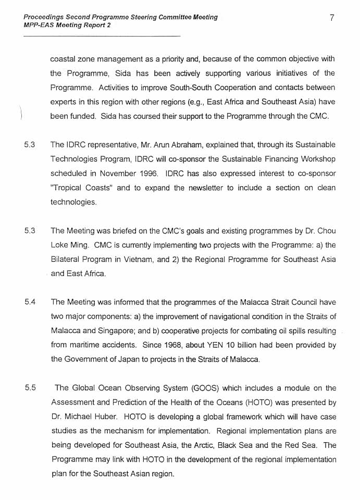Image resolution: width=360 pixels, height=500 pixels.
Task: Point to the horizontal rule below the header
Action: pos(102,35)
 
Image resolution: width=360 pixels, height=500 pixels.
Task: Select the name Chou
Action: pos(326,230)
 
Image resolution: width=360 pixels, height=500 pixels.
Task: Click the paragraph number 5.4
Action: pos(30,302)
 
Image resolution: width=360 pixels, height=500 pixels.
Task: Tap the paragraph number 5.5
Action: pos(30,388)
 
